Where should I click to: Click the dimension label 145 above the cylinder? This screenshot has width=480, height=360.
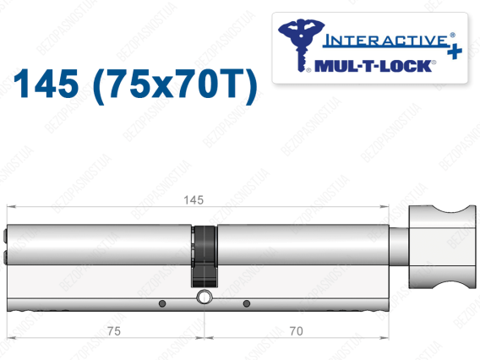[x=194, y=200]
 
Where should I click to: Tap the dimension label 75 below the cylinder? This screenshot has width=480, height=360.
[x=114, y=331]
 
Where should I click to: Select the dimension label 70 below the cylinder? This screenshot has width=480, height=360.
[x=296, y=331]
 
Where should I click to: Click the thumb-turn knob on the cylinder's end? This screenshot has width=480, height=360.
[x=442, y=247]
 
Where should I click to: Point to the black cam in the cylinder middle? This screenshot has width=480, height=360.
[x=205, y=257]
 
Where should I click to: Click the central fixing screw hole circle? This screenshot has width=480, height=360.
[x=205, y=297]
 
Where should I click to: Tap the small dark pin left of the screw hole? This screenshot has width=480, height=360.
[x=162, y=303]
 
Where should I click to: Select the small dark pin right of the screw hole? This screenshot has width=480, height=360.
[x=247, y=303]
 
